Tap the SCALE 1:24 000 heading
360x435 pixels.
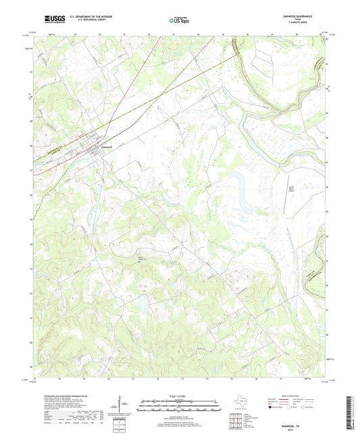179,396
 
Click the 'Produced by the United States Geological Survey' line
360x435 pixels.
63,396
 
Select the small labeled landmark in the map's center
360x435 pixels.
141,257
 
